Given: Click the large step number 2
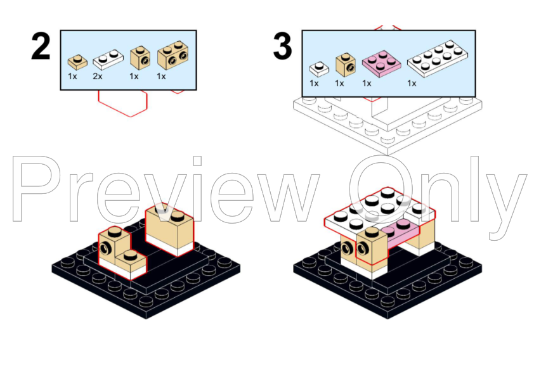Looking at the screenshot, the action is [41, 47].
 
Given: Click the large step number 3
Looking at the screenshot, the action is [282, 47].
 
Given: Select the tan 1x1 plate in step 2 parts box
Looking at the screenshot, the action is [77, 62].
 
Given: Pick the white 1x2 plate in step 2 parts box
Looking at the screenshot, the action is [108, 60].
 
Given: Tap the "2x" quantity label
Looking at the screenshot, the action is [98, 77].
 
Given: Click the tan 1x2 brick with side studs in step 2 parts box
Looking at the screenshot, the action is [173, 56].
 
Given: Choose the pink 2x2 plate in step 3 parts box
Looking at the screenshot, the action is [381, 63].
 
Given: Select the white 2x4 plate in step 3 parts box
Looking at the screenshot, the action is [437, 58].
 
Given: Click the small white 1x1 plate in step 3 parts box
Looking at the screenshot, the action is [319, 68].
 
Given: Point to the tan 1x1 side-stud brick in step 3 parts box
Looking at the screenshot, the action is [346, 65].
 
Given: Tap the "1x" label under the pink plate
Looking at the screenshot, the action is [367, 84].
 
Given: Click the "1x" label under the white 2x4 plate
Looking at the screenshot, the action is [412, 84].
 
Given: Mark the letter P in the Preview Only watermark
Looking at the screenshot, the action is [36, 189].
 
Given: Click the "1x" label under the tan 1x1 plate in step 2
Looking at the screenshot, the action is [72, 77].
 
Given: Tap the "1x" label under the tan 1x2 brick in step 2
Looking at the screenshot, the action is [161, 77].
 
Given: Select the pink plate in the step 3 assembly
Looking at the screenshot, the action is [402, 233].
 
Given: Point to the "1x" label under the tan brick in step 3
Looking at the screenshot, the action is [339, 84].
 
